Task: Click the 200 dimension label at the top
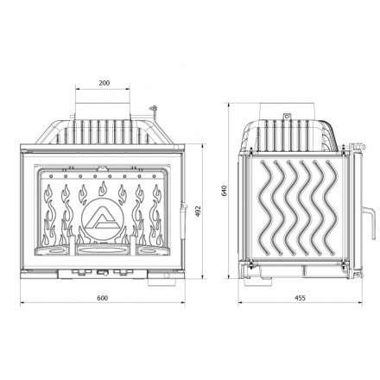(104, 84)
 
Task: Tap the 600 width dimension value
(103, 298)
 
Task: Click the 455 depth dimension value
(298, 298)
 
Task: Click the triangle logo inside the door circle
(104, 220)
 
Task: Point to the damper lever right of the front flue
(154, 109)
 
